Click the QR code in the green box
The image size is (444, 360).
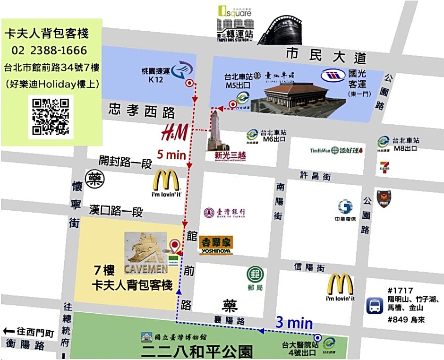[50, 116]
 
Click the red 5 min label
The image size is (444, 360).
[171, 154]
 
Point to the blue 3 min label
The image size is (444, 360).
[294, 323]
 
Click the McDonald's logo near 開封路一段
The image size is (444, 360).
[166, 184]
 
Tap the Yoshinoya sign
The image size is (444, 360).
[215, 245]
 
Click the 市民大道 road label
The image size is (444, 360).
[326, 56]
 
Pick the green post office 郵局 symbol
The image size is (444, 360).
[255, 274]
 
